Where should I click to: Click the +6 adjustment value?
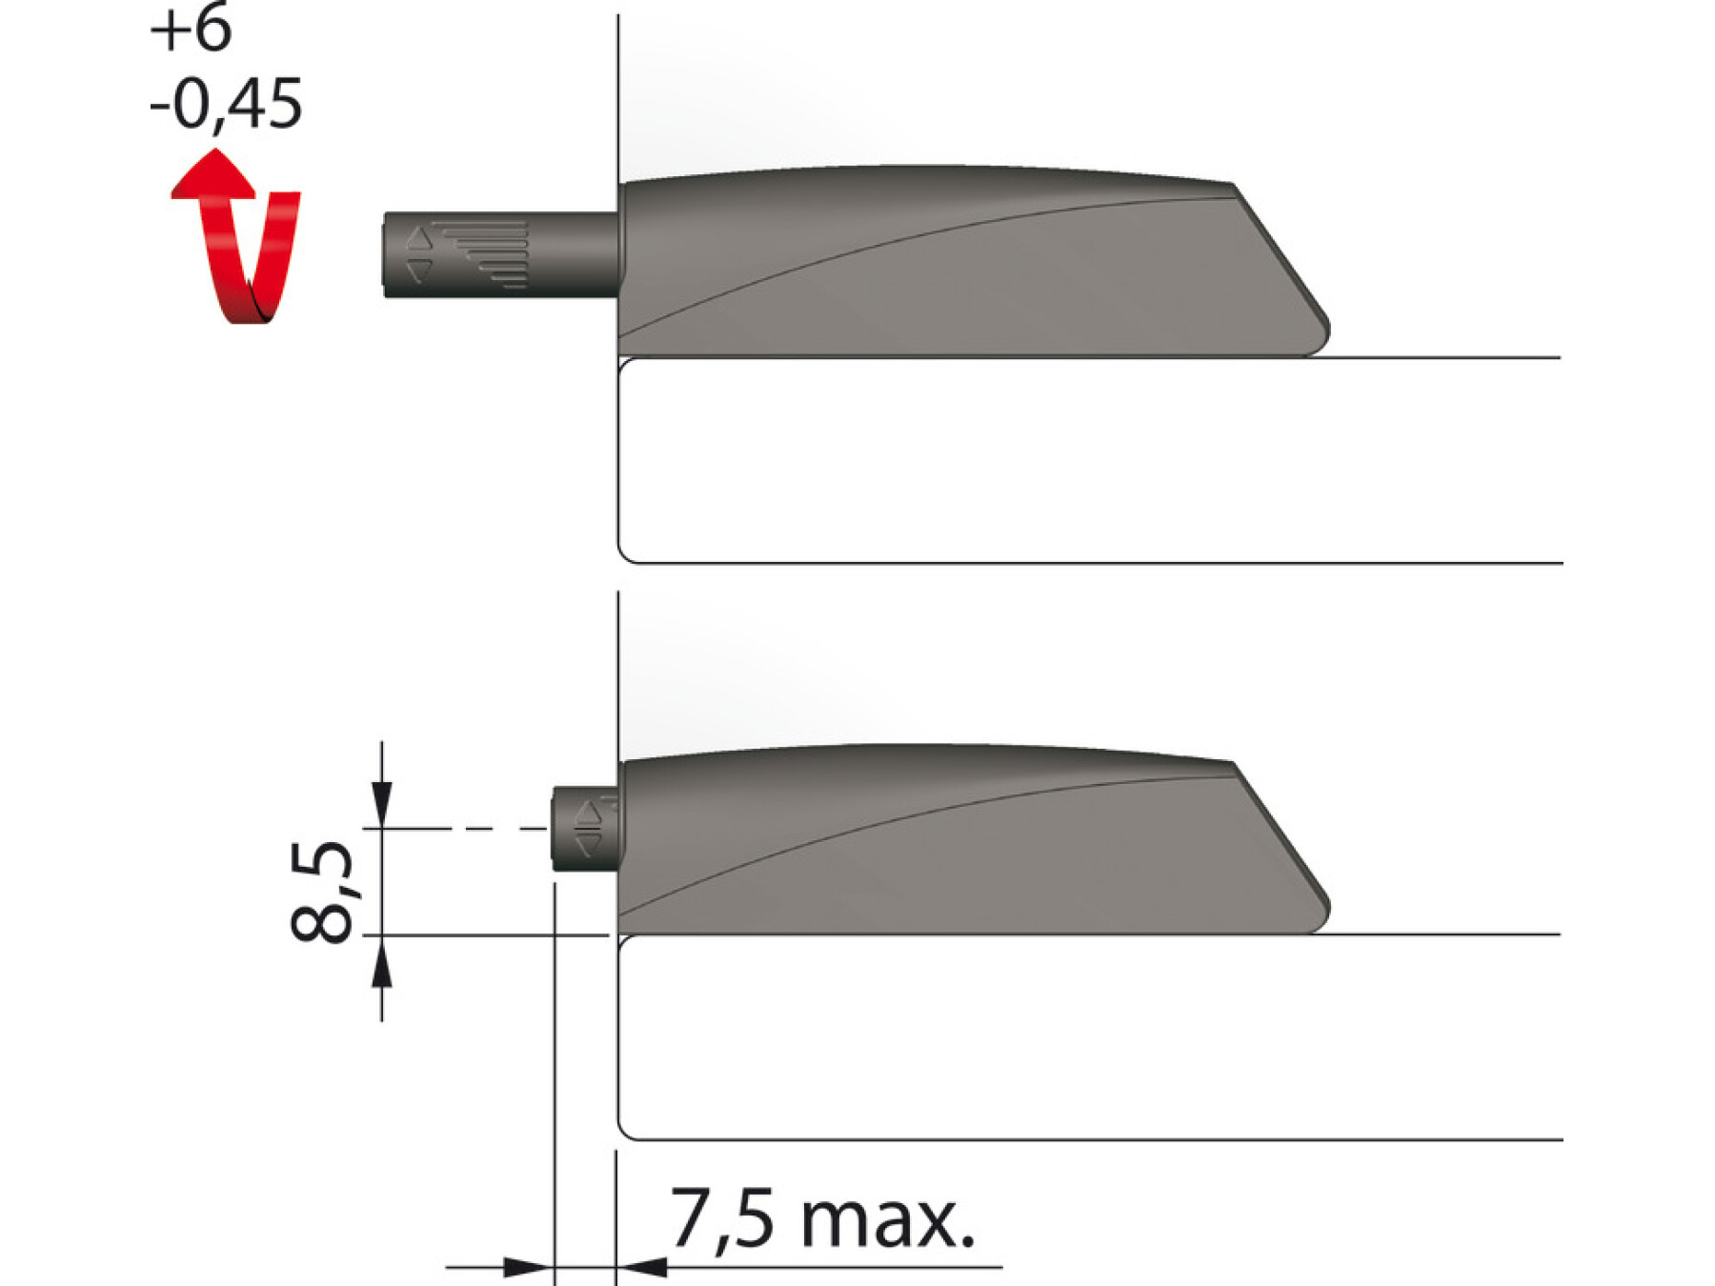tap(191, 29)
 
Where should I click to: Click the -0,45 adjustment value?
tap(226, 103)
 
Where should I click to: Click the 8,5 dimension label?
tap(322, 893)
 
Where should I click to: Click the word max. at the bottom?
tap(888, 1222)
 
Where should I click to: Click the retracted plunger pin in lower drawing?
tap(585, 829)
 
